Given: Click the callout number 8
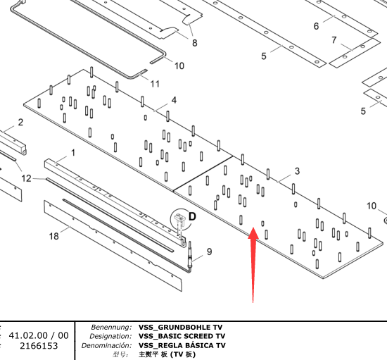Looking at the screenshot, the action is (195, 43).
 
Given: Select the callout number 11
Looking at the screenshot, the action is (155, 84).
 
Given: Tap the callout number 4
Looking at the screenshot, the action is (174, 100).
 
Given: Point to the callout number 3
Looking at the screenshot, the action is (297, 171).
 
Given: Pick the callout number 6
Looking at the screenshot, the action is (316, 26).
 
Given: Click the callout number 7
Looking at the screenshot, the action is (334, 39).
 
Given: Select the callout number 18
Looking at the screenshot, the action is (53, 236).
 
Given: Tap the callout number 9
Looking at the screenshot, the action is (209, 252).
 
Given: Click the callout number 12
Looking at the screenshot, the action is (27, 178).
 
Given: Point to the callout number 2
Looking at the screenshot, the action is (20, 122).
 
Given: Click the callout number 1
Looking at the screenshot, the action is (73, 153).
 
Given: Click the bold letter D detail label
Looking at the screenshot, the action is (192, 216).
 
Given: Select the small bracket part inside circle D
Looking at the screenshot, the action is (180, 218).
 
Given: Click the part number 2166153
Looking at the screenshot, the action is (39, 346).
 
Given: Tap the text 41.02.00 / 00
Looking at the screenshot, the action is (39, 335).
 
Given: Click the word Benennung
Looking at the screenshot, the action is (112, 327).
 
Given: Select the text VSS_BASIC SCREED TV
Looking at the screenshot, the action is (182, 336).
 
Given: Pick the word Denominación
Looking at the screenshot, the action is (107, 345).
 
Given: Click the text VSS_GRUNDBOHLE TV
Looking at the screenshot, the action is (180, 327).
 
